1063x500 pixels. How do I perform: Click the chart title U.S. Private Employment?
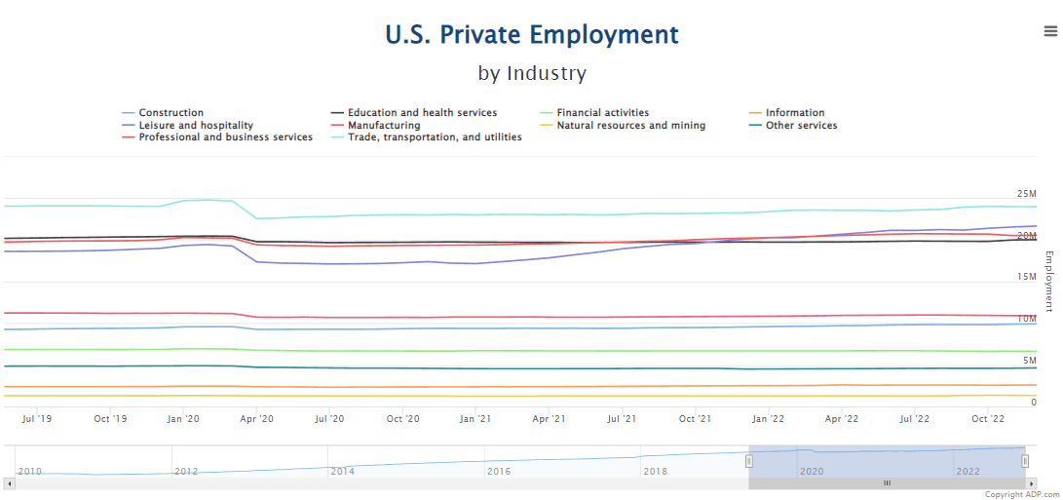click(532, 35)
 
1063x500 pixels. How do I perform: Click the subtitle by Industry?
click(532, 73)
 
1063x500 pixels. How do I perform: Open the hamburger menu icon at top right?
click(1050, 31)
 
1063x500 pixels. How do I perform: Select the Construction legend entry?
click(171, 113)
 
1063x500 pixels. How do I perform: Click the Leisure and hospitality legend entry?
click(195, 126)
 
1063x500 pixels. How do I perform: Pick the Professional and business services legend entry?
click(225, 137)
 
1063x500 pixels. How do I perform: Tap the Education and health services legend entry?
click(422, 113)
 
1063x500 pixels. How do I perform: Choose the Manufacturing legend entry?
click(384, 126)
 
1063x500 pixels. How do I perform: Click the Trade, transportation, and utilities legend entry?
click(435, 137)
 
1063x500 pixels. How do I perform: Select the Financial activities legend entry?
click(602, 113)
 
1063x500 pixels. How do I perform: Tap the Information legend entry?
click(794, 113)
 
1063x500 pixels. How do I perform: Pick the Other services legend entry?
click(801, 126)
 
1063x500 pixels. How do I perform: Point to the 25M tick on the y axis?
click(1026, 194)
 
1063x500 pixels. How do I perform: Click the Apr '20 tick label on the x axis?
click(255, 419)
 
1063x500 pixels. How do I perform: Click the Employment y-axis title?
click(1049, 282)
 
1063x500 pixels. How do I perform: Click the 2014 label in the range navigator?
click(342, 471)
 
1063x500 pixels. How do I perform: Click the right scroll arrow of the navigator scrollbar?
click(1032, 483)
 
